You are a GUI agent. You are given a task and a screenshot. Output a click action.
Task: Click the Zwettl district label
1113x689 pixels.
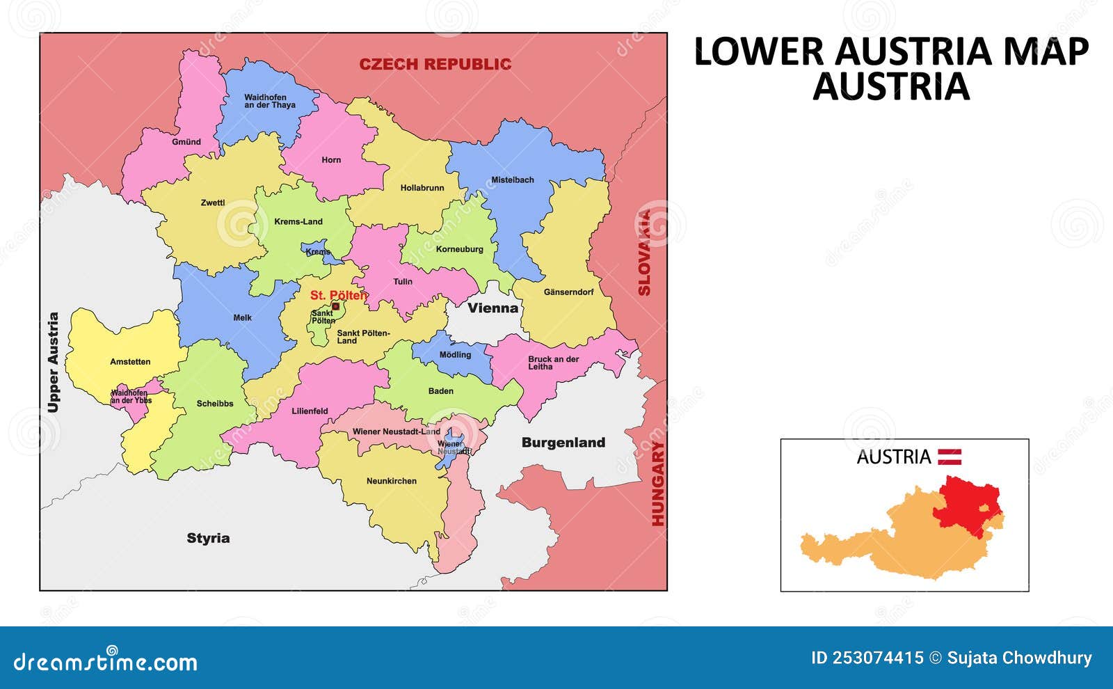[x=212, y=203]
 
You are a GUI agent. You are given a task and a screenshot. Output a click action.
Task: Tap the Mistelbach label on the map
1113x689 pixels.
[x=512, y=180]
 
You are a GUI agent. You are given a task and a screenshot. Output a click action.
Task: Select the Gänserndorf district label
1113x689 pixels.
[x=568, y=292]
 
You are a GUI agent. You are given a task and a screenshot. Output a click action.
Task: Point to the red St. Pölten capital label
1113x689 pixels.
[x=338, y=295]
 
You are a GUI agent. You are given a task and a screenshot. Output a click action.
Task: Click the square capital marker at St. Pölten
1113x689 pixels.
[x=335, y=306]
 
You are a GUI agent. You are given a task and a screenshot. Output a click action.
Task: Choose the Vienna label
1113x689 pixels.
[x=493, y=308]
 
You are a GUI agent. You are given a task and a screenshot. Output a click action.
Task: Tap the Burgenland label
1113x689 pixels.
[x=563, y=443]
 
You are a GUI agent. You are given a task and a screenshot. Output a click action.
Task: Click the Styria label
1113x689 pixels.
[x=208, y=538]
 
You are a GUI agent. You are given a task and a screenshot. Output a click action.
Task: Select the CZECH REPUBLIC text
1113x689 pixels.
[x=435, y=64]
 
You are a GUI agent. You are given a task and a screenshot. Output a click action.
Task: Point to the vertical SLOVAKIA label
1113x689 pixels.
[x=644, y=252]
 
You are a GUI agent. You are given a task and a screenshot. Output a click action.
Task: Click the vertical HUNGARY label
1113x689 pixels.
[x=657, y=484]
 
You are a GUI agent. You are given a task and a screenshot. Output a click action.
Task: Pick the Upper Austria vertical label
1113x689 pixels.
[x=54, y=362]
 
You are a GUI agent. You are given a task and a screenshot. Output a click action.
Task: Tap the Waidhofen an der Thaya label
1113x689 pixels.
[x=269, y=102]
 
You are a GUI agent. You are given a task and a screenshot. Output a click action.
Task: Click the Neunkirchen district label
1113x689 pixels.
[x=391, y=481]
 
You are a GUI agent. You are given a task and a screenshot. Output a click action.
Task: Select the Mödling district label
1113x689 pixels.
[x=455, y=355]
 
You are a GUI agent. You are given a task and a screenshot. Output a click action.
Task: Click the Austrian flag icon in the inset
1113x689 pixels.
[x=950, y=457]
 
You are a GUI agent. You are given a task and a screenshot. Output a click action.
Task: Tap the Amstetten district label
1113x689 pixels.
[x=130, y=362]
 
